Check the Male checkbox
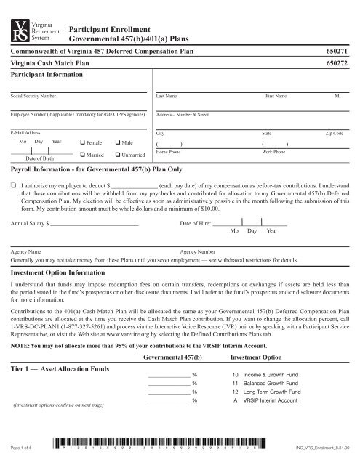pos(117,142)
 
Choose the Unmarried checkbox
pos(117,155)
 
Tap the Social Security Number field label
pos(33,96)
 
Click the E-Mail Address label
pos(27,135)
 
